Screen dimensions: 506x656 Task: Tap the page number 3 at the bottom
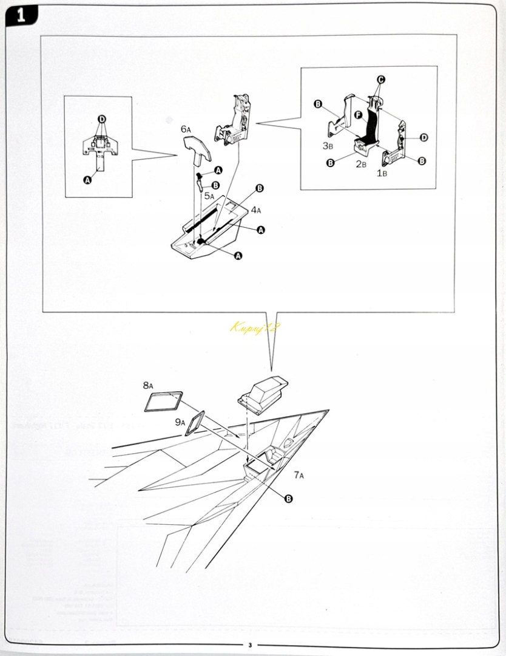click(x=249, y=645)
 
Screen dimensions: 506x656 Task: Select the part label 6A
click(x=186, y=129)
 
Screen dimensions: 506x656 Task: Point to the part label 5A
click(x=209, y=196)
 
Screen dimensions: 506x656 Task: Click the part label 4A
click(x=256, y=210)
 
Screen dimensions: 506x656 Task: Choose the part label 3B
click(x=328, y=146)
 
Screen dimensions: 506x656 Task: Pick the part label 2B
click(x=361, y=164)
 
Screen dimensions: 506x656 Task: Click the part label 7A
click(x=299, y=474)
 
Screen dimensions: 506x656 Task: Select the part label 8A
click(x=149, y=386)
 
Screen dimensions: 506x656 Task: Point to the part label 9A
click(x=180, y=422)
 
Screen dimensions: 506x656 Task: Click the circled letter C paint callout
click(x=381, y=80)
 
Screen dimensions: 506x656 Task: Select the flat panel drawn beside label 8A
click(x=164, y=401)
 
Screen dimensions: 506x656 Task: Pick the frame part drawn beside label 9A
click(x=196, y=423)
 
